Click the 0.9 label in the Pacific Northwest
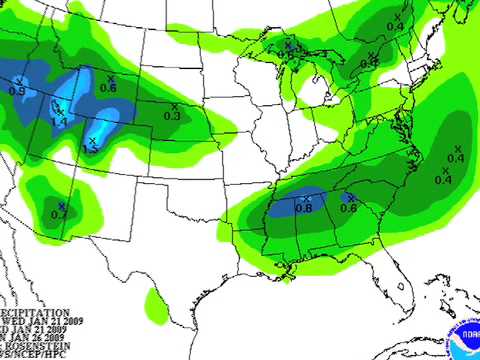pyautogui.click(x=17, y=91)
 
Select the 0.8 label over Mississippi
pyautogui.click(x=304, y=208)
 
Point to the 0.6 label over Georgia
pyautogui.click(x=348, y=208)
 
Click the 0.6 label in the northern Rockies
pyautogui.click(x=108, y=88)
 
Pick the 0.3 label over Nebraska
pyautogui.click(x=171, y=117)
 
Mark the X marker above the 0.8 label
pyautogui.click(x=306, y=197)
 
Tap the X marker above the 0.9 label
pyautogui.click(x=20, y=80)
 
